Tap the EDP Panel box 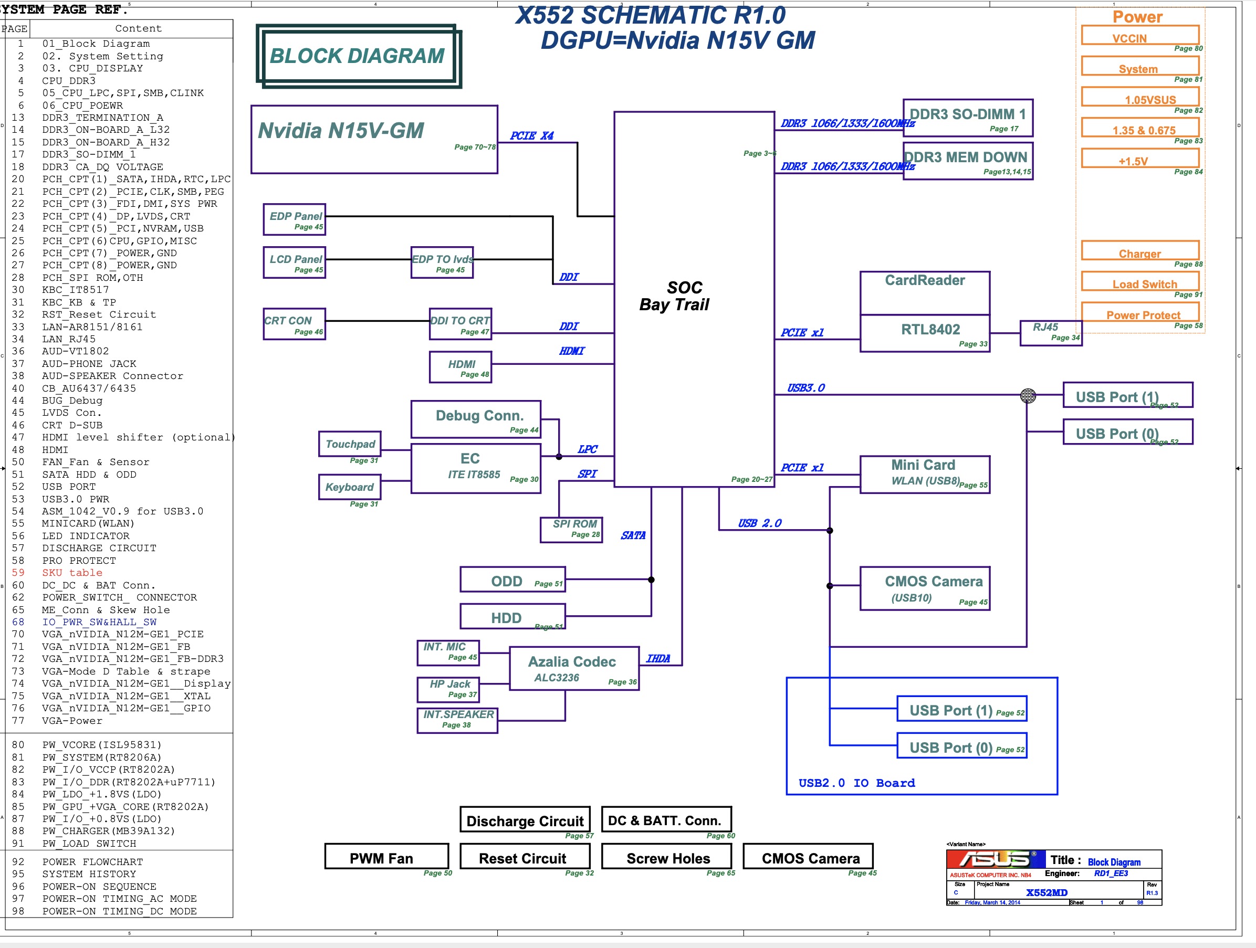point(294,219)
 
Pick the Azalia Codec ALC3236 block point(573,668)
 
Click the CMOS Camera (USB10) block point(924,588)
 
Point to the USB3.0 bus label point(805,388)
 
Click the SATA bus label point(633,535)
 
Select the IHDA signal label point(658,658)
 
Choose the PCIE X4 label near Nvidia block point(531,135)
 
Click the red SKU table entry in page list point(72,573)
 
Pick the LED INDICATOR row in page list point(85,536)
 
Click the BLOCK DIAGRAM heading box point(358,56)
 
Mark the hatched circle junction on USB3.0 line point(1028,395)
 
